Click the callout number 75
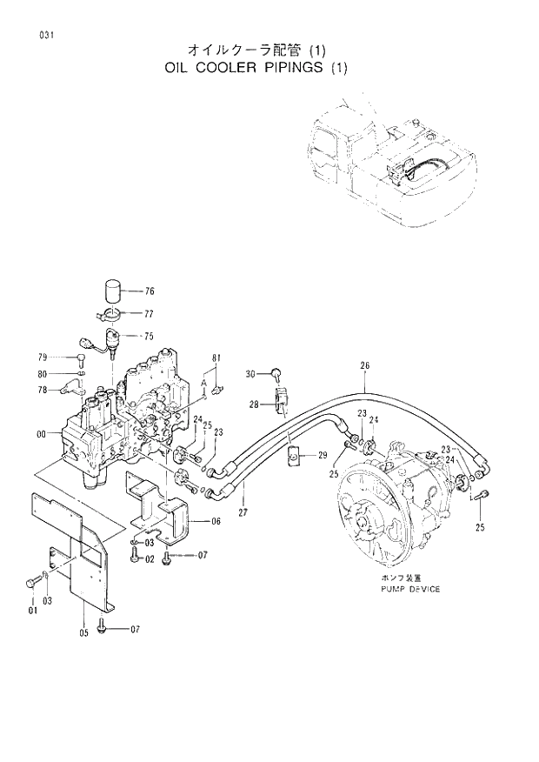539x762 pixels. click(149, 336)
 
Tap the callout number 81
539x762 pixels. click(216, 358)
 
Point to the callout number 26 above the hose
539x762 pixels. click(364, 366)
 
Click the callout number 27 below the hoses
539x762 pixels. click(244, 513)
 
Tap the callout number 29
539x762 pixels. click(322, 455)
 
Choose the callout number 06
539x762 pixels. click(216, 521)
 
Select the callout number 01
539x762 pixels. click(32, 611)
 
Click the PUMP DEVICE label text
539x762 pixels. click(409, 589)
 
